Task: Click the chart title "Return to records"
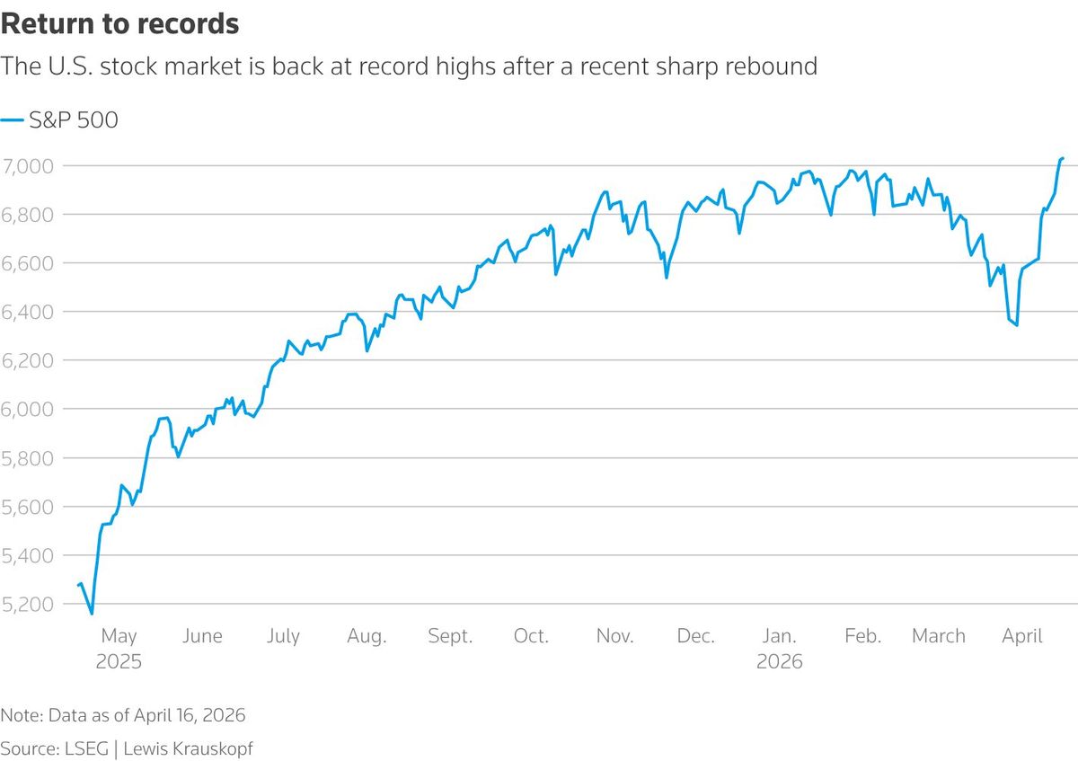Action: (119, 24)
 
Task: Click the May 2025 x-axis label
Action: (119, 648)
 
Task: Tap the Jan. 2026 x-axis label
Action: (779, 648)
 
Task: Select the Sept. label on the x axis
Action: (449, 636)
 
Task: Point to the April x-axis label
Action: (1022, 636)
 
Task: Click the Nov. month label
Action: (614, 636)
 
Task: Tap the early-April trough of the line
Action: (1016, 324)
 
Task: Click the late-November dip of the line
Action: (666, 277)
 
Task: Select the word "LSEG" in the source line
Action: (87, 748)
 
